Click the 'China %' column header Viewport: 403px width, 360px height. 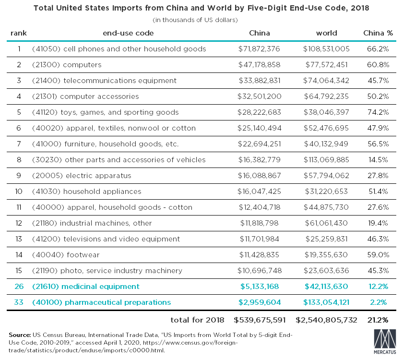[x=378, y=33]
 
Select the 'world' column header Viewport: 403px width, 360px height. [x=326, y=33]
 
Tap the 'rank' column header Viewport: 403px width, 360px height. [x=19, y=33]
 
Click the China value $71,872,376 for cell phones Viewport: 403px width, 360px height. [x=259, y=49]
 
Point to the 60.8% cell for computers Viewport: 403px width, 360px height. [x=378, y=65]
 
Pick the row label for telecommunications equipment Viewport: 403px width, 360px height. [x=104, y=81]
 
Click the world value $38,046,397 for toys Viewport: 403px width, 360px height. [x=326, y=112]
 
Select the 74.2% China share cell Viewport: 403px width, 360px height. [x=378, y=112]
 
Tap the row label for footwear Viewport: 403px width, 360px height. [x=66, y=255]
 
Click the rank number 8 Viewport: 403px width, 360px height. [x=19, y=160]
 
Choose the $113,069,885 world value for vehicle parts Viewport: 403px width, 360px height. [x=326, y=160]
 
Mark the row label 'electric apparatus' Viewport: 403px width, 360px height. [x=82, y=176]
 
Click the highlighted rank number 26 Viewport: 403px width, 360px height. [x=19, y=287]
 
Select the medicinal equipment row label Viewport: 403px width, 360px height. [x=85, y=287]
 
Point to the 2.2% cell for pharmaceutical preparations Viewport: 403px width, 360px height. [x=378, y=302]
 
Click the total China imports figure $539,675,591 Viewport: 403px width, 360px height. [x=260, y=320]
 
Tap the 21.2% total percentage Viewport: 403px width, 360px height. [x=378, y=320]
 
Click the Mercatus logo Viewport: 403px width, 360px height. [x=385, y=341]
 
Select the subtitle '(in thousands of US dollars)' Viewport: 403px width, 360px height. [x=195, y=20]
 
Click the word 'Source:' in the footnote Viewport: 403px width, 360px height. [x=20, y=335]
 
